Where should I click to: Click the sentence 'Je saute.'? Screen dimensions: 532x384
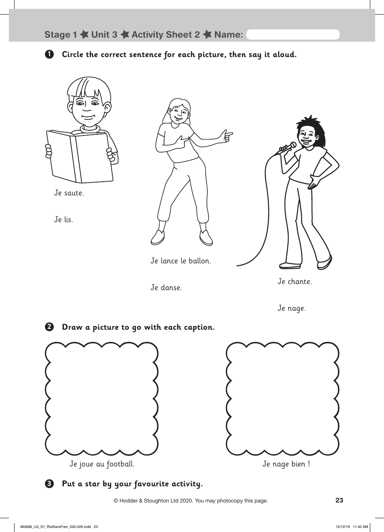click(x=69, y=193)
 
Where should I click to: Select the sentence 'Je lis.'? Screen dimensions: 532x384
click(x=63, y=220)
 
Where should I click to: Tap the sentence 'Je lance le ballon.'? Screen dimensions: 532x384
click(x=181, y=261)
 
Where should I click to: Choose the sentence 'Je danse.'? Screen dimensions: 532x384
click(x=166, y=288)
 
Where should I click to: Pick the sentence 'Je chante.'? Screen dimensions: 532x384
click(x=295, y=282)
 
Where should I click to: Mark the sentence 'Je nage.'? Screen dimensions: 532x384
click(x=291, y=308)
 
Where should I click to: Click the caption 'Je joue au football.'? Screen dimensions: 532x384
click(x=102, y=464)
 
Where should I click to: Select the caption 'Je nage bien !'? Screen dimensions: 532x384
click(x=286, y=464)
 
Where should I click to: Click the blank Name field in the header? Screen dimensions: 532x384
click(x=293, y=35)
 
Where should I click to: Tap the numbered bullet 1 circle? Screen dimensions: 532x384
click(x=49, y=54)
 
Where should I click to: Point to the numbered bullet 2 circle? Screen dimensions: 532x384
click(x=49, y=327)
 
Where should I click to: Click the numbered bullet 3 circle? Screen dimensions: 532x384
click(x=49, y=483)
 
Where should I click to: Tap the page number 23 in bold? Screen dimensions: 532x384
click(x=339, y=500)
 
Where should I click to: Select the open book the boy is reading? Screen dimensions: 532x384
click(x=78, y=156)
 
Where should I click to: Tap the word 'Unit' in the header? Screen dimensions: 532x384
click(x=101, y=35)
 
